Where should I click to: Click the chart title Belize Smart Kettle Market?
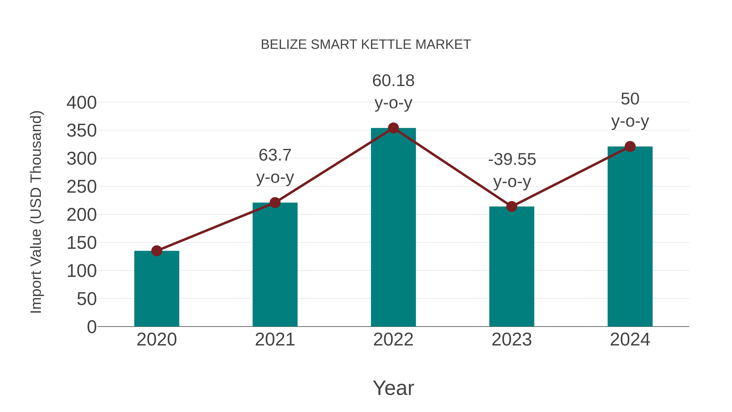(x=366, y=45)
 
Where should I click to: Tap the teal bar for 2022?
(x=393, y=227)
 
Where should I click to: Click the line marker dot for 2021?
(x=275, y=203)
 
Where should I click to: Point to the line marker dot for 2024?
(x=630, y=147)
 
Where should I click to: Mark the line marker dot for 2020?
(x=157, y=251)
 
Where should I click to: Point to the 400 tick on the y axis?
(x=82, y=103)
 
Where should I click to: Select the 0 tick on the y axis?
(x=92, y=327)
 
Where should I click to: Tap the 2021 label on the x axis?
(x=275, y=340)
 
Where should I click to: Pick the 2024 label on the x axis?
(x=630, y=340)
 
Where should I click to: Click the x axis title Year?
(x=393, y=388)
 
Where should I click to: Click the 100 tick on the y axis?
(x=82, y=271)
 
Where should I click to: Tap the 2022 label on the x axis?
(x=393, y=340)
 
